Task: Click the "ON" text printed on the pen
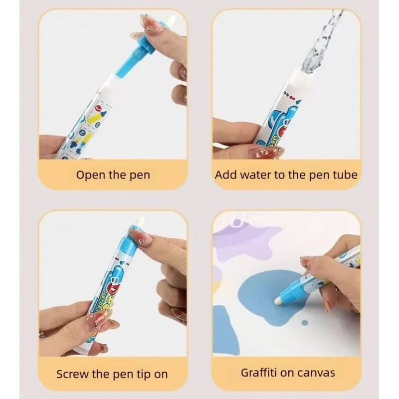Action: [286, 94]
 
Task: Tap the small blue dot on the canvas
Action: [305, 323]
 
